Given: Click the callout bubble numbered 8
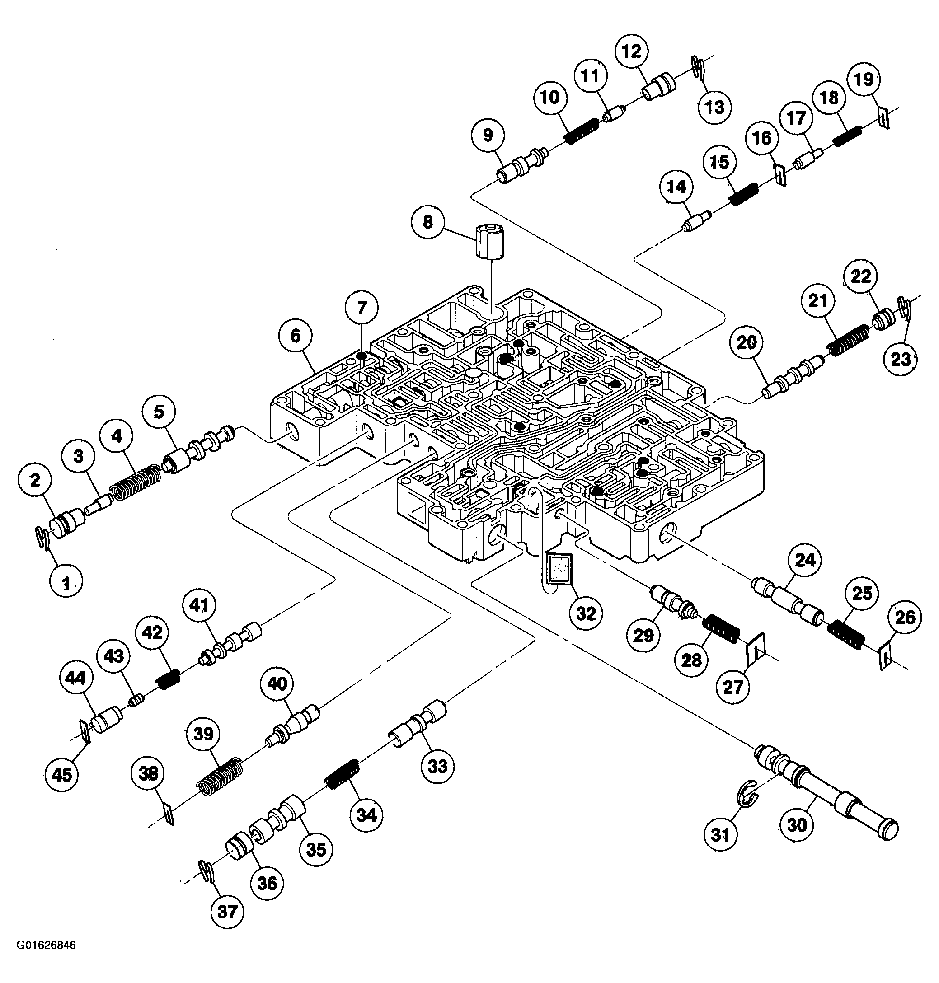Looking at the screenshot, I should click(x=428, y=222).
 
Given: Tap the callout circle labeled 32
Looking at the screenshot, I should click(x=586, y=613).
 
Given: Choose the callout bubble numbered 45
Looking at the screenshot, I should click(x=61, y=775).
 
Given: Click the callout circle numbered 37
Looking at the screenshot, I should click(x=227, y=913).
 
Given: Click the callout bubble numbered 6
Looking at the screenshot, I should click(x=296, y=336).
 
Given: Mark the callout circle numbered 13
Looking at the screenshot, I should click(x=715, y=107).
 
